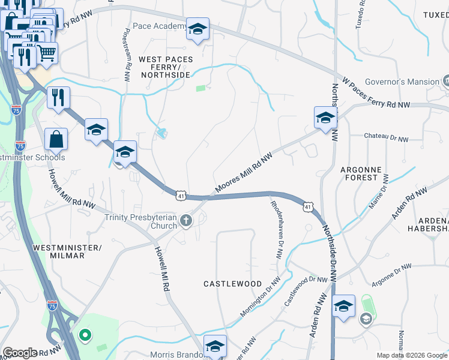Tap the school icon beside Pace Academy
click(197, 29)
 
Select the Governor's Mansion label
click(406, 82)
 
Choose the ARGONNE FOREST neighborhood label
click(360, 173)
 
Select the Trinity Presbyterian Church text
click(142, 221)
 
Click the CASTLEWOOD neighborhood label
click(232, 283)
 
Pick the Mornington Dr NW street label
click(260, 298)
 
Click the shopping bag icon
click(56, 139)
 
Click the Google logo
click(20, 353)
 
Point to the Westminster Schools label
click(32, 158)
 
